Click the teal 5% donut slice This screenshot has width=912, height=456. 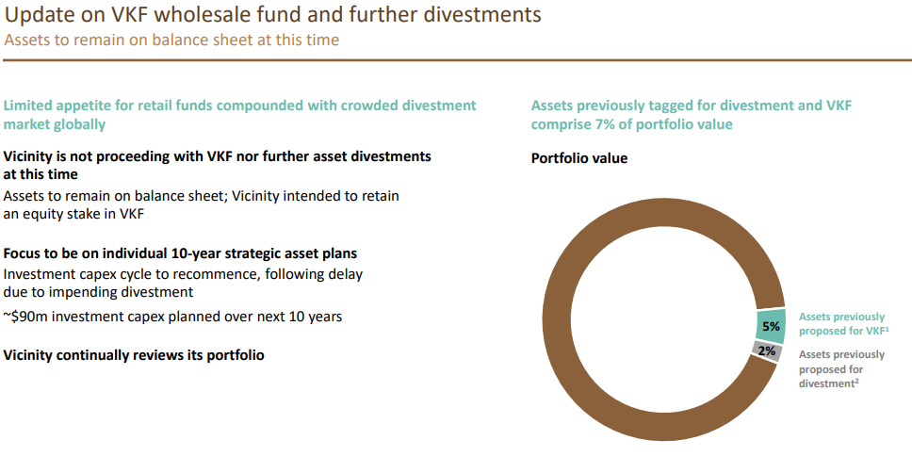click(x=771, y=326)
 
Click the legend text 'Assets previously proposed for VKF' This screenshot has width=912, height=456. click(x=841, y=324)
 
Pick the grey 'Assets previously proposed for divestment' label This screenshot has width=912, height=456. click(x=841, y=368)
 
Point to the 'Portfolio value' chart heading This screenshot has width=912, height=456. click(x=579, y=158)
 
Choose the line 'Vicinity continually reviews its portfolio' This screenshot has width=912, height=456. click(x=134, y=355)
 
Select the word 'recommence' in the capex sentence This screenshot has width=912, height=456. click(x=213, y=273)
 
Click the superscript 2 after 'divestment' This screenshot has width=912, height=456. click(x=857, y=381)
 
